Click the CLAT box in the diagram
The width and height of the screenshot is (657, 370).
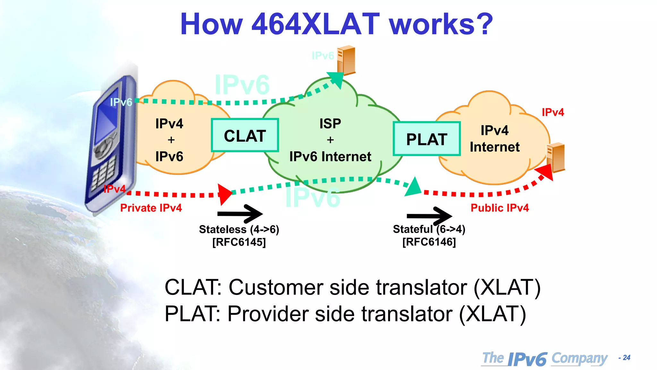(245, 135)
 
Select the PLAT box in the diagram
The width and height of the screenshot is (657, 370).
(427, 139)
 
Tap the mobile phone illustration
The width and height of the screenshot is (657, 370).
(111, 145)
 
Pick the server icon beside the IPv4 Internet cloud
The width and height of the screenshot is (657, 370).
(556, 157)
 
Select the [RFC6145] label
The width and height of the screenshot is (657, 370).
(239, 242)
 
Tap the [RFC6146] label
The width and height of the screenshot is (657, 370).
(429, 242)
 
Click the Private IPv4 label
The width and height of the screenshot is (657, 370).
(151, 208)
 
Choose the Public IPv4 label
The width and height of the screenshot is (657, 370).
(499, 208)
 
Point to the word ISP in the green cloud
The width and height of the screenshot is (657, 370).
(330, 124)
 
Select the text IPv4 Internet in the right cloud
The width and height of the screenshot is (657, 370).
(494, 139)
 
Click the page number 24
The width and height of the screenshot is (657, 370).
(626, 357)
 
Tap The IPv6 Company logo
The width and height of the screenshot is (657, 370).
(545, 358)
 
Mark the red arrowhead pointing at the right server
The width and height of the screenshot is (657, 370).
(546, 172)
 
